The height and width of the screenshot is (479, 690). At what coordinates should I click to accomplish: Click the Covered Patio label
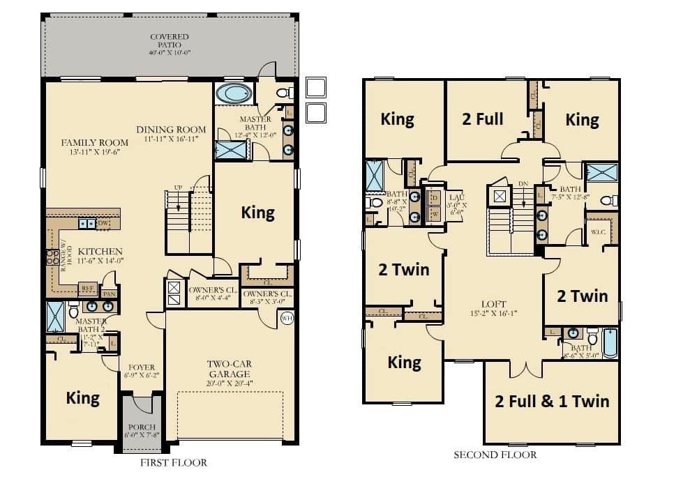click(169, 44)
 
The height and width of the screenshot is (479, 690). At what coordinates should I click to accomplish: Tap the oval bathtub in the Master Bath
click(234, 93)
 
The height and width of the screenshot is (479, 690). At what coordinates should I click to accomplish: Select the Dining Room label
click(171, 134)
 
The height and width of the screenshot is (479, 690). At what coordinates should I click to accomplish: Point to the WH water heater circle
click(287, 319)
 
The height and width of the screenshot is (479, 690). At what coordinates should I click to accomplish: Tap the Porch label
click(142, 431)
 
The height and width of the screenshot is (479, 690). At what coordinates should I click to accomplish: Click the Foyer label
click(142, 371)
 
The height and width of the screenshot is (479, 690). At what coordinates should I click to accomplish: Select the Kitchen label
click(100, 256)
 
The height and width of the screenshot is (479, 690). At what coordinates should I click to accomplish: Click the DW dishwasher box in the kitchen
click(103, 223)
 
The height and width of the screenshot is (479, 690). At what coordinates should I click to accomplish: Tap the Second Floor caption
click(495, 455)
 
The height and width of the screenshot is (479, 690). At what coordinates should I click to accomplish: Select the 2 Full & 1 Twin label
click(551, 401)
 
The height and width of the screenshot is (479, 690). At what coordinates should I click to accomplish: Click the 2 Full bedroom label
click(483, 119)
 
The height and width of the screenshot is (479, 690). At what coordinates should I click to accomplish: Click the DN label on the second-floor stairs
click(523, 185)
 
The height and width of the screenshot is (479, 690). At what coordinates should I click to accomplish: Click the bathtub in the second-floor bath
click(609, 342)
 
